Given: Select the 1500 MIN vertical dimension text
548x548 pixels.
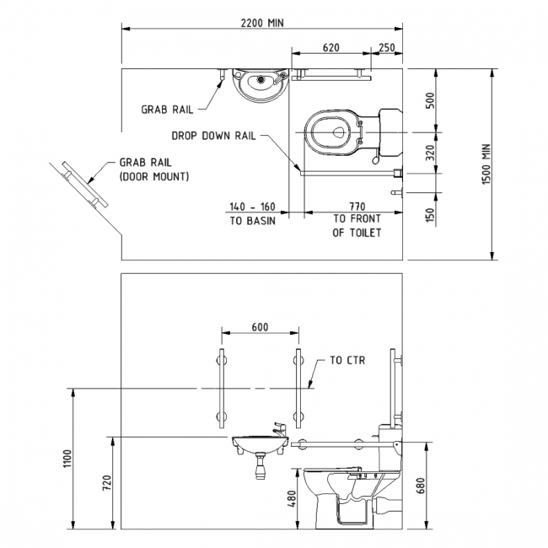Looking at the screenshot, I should [x=509, y=164].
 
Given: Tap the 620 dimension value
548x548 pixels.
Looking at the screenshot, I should [x=330, y=48].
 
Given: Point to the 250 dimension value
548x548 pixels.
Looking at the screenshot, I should [x=387, y=48].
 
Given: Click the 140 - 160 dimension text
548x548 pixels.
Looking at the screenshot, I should [x=252, y=206].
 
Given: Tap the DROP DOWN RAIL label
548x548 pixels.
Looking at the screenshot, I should [x=212, y=134].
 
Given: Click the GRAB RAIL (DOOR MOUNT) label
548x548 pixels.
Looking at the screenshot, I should [x=154, y=169].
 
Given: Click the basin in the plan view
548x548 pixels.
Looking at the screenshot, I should [x=260, y=83].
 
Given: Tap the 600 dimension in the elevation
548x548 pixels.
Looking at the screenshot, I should [x=259, y=327].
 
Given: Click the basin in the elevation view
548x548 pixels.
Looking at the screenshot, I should [x=257, y=444].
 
